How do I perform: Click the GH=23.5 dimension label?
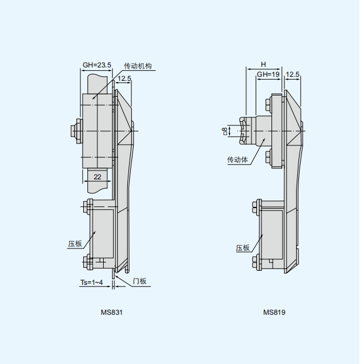(x=97, y=65)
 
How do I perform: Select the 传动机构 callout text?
(x=138, y=66)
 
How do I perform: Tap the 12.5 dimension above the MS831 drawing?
(x=124, y=79)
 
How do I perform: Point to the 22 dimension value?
(x=97, y=177)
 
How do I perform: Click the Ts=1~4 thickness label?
(x=91, y=283)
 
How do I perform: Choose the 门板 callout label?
(x=140, y=281)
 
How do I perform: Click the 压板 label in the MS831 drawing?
(x=75, y=244)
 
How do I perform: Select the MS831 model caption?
(x=111, y=312)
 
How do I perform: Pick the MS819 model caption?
(x=274, y=312)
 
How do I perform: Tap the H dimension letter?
(x=263, y=64)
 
